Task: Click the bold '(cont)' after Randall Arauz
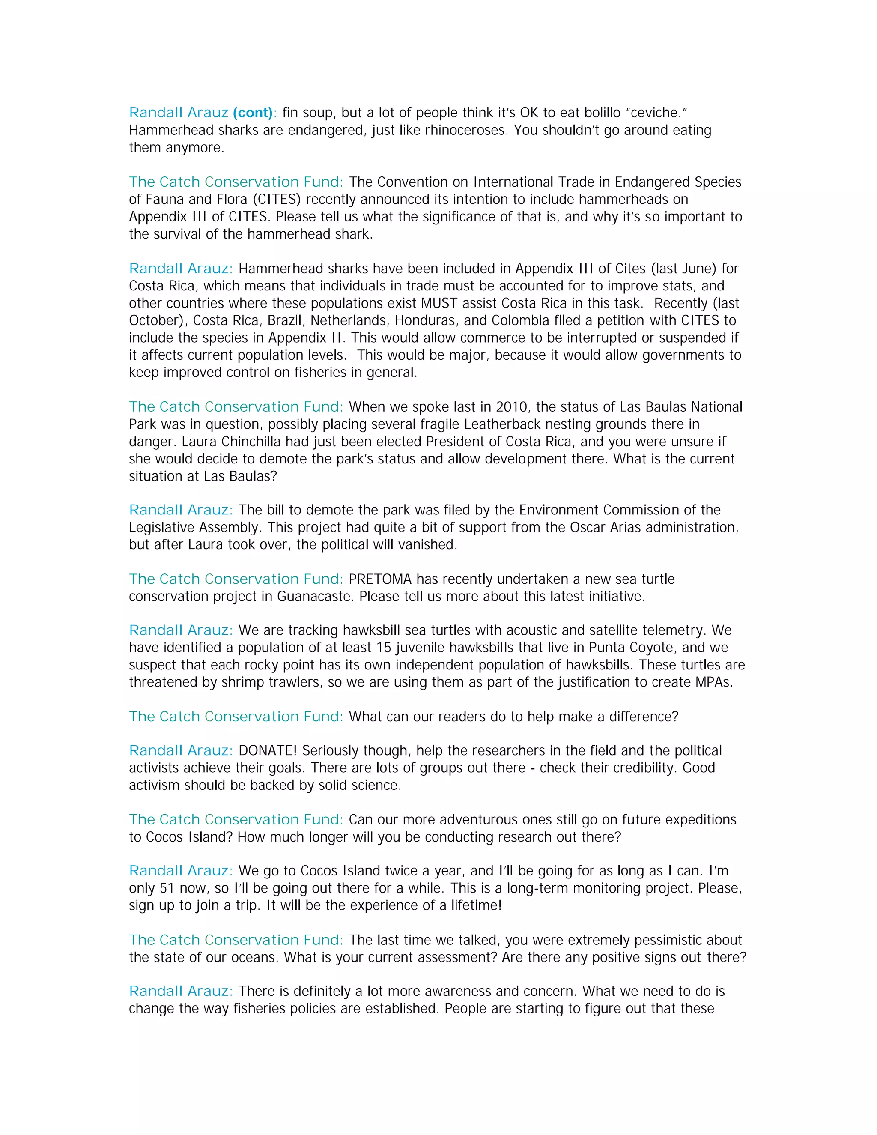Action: click(x=253, y=113)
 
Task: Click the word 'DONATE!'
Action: click(x=268, y=750)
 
